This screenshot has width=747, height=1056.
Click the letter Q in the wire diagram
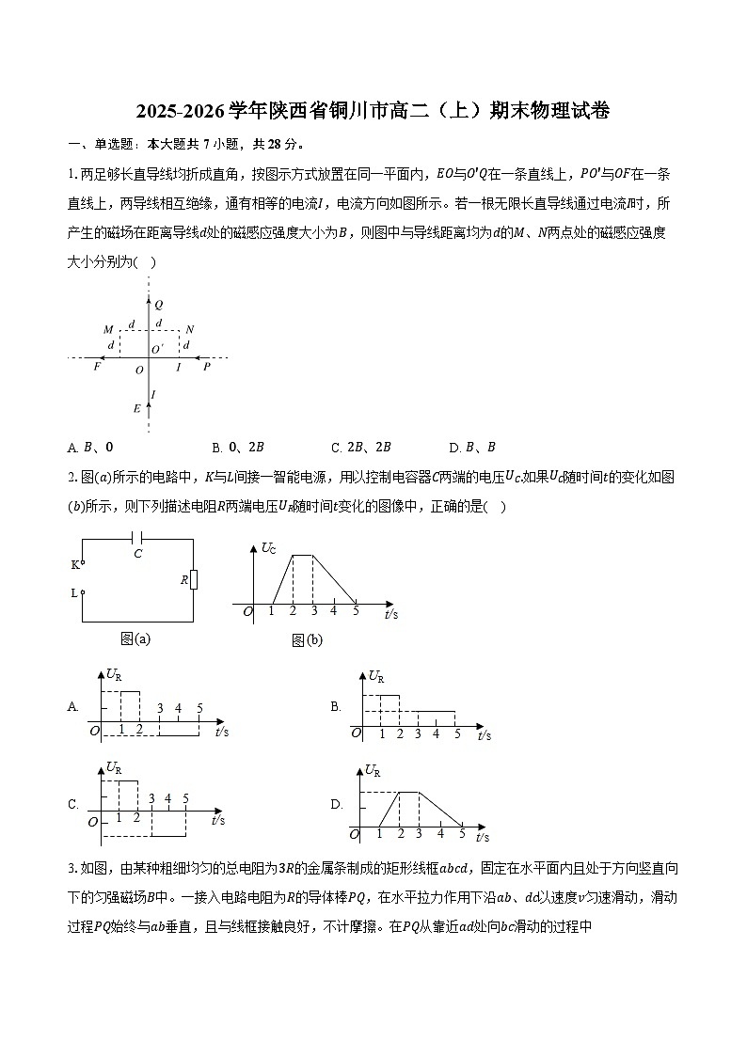[158, 305]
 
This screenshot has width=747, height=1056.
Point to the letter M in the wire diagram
[108, 329]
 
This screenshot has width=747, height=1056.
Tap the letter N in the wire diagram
[189, 329]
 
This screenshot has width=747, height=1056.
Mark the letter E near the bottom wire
[136, 408]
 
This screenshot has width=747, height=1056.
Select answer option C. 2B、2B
[361, 447]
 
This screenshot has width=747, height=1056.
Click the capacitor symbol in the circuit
[138, 539]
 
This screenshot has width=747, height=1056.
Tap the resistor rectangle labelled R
[193, 580]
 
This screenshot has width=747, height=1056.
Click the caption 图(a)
[135, 638]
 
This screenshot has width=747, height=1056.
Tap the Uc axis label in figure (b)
[268, 547]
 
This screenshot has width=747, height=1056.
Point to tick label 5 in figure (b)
[356, 611]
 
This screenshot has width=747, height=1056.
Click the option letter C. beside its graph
[73, 804]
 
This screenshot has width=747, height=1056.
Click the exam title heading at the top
[373, 111]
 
